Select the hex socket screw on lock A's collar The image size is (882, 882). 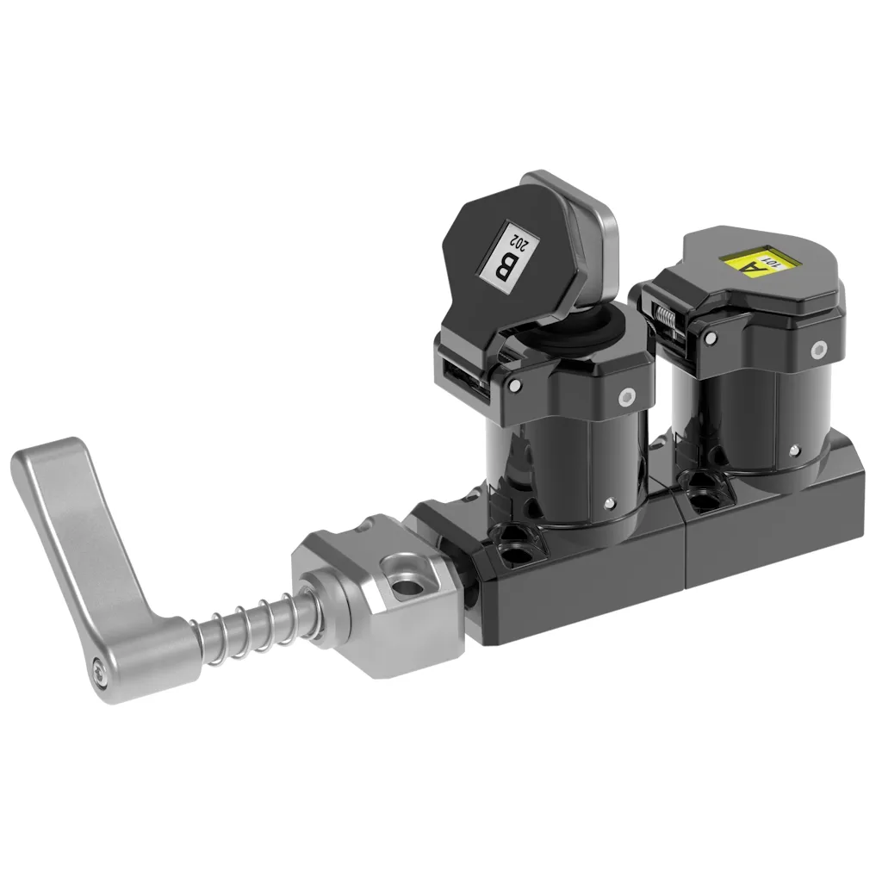click(x=818, y=349)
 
